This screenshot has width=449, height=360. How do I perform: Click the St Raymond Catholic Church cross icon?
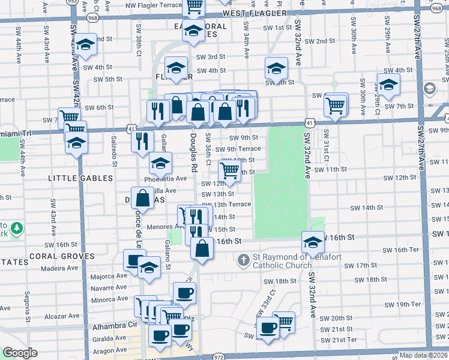tap(244, 260)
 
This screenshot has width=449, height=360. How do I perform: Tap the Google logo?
tap(19, 353)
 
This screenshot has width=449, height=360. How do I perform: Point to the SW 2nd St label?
tap(319, 41)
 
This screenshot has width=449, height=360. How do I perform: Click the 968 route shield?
tap(92, 18)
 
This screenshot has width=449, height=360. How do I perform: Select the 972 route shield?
tap(218, 356)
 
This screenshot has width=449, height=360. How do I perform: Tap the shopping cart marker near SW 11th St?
tap(229, 171)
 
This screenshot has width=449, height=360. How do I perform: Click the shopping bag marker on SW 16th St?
tap(203, 248)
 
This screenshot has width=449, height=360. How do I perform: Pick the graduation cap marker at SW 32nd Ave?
tap(313, 242)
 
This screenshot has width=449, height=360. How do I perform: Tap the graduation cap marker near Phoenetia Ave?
tap(160, 163)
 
